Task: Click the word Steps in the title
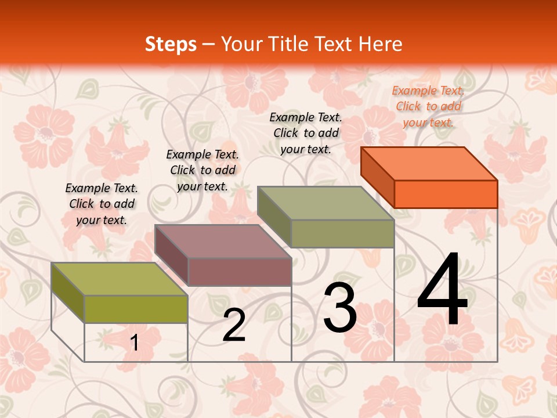[x=171, y=44]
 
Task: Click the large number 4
[x=442, y=290]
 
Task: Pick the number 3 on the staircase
[x=340, y=308]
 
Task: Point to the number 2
[x=234, y=326]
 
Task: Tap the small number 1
[x=135, y=343]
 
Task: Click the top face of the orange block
[x=429, y=164]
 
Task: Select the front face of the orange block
[x=446, y=194]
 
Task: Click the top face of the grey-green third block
[x=325, y=203]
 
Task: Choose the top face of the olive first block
[x=119, y=279]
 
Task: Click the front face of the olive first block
[x=136, y=309]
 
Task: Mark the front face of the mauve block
[x=239, y=272]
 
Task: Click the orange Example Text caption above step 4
[x=428, y=106]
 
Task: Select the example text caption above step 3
[x=306, y=133]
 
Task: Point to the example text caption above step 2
[x=202, y=170]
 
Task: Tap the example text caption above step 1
[x=102, y=204]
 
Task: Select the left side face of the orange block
[x=377, y=176]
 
